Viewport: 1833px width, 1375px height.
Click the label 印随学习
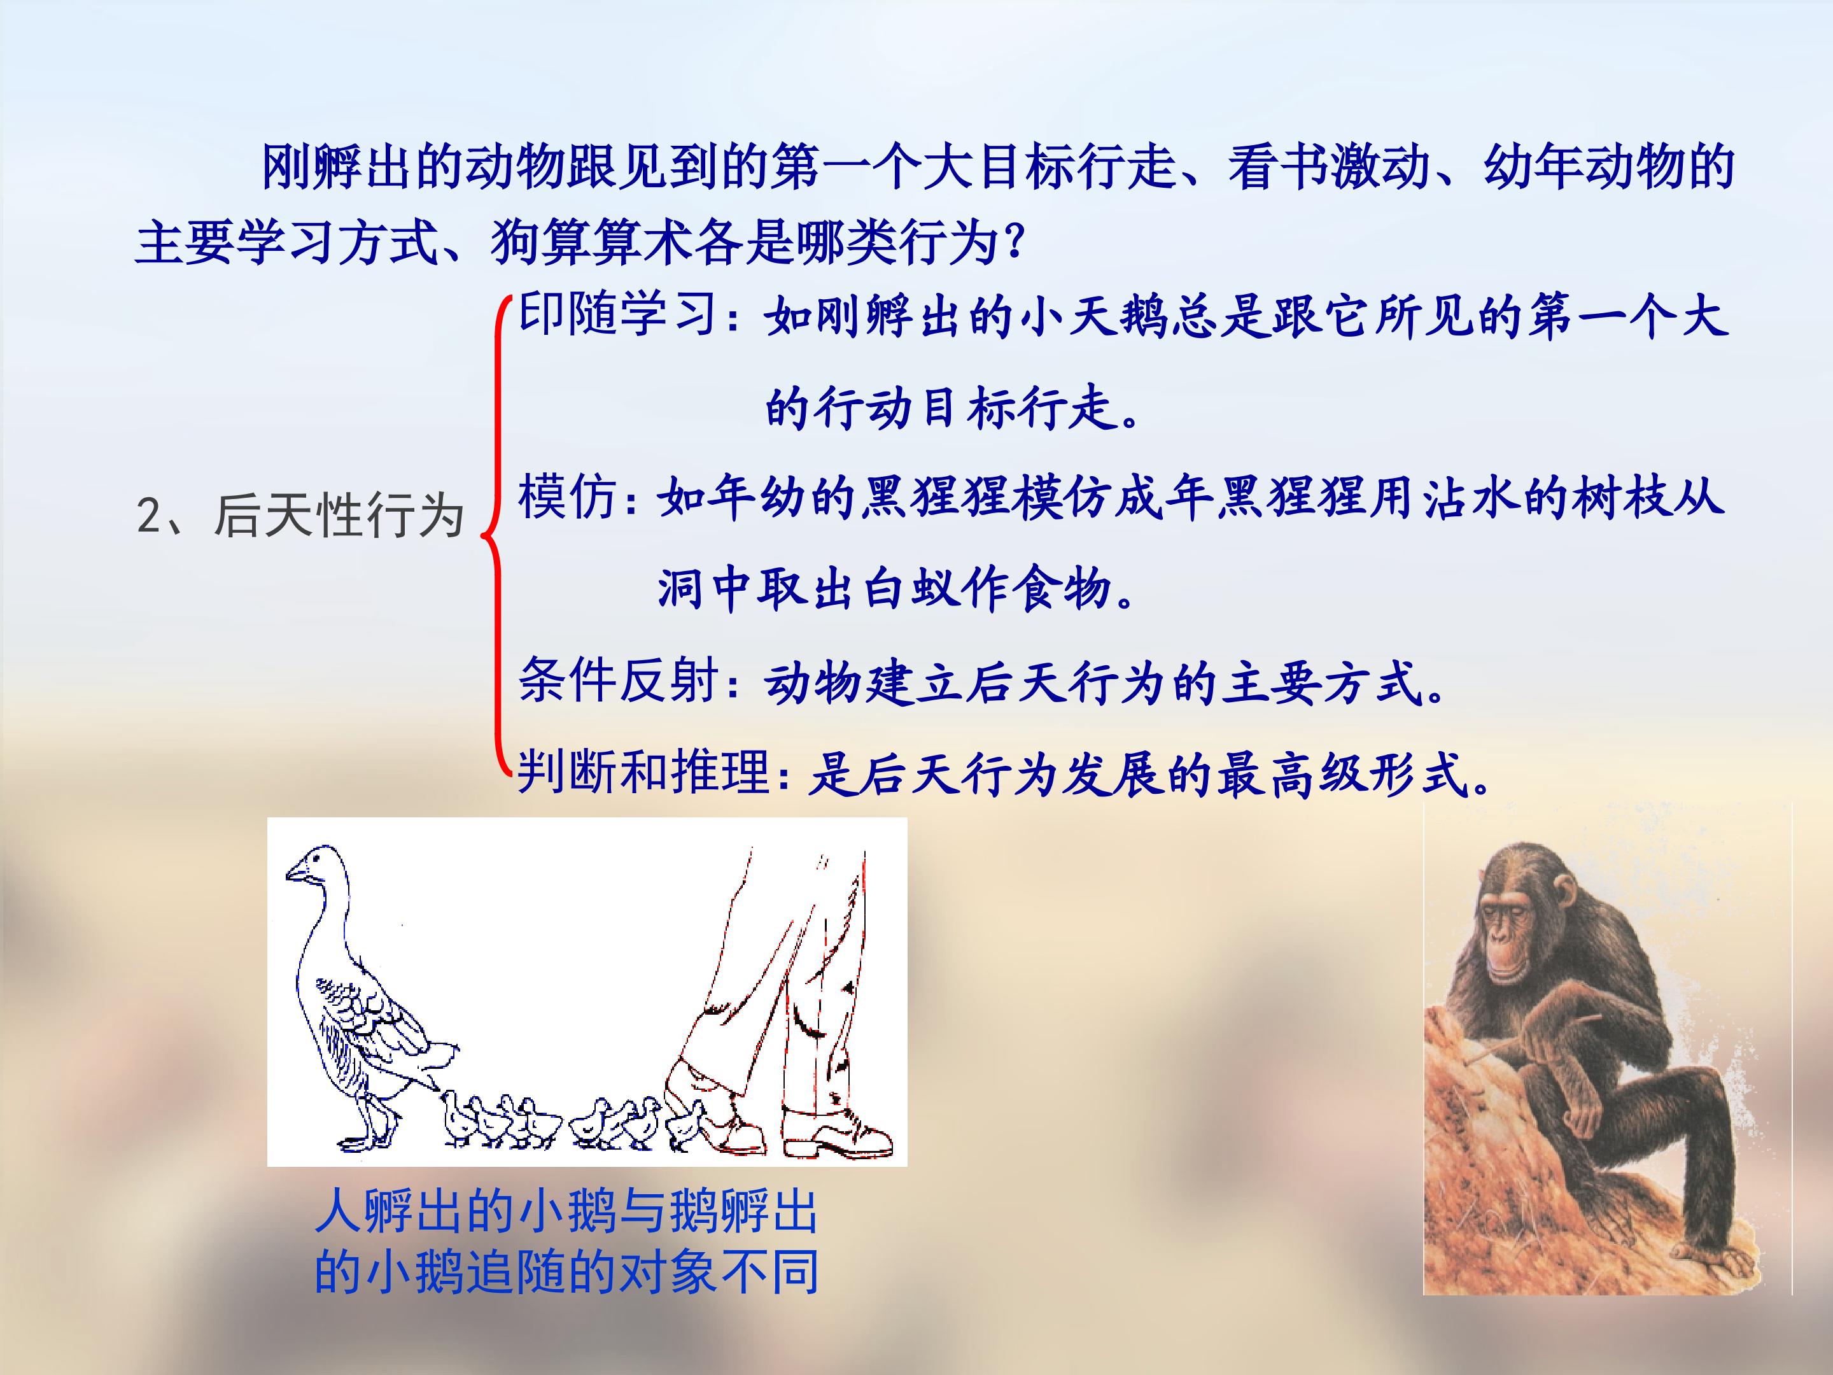617,315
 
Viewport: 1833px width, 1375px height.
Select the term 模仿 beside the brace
567,497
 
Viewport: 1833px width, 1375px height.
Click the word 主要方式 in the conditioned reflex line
1321,684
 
